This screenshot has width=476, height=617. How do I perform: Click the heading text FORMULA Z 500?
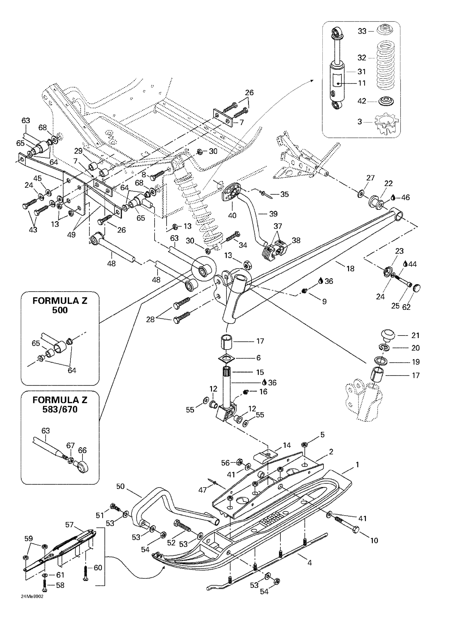tap(60, 305)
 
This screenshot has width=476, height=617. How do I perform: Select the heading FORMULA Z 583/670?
tap(60, 404)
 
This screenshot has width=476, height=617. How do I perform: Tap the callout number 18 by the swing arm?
tap(350, 268)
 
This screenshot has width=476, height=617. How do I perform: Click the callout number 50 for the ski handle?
tap(120, 486)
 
